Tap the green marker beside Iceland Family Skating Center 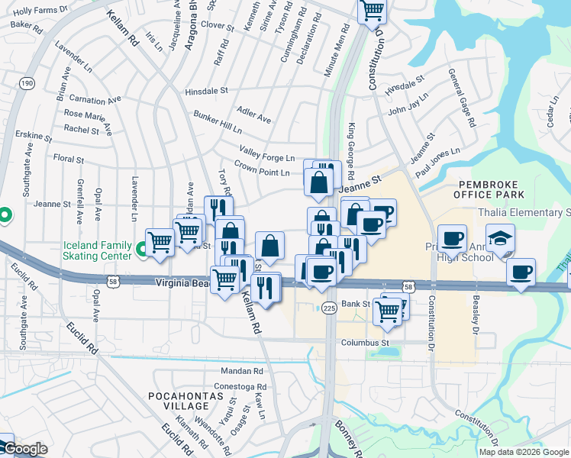coord(142,249)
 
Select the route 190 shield coord(27,82)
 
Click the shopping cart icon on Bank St coord(388,310)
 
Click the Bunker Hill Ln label coord(217,120)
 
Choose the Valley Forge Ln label coord(266,153)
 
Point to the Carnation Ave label coord(95,100)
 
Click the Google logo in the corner coord(24,449)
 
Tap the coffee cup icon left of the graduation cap coord(451,238)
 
